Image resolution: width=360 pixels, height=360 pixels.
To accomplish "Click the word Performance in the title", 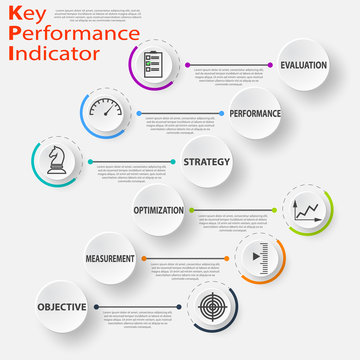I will (x=71, y=33).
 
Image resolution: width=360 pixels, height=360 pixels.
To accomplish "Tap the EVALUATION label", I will (x=304, y=65).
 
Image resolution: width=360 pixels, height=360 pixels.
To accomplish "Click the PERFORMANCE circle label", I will (x=255, y=113).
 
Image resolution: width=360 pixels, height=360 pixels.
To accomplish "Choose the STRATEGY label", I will (x=206, y=161).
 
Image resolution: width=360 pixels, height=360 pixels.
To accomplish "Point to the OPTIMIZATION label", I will (x=159, y=210).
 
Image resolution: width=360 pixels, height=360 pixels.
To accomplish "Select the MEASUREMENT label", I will (x=110, y=258).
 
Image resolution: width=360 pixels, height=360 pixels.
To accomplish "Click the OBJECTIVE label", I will (x=62, y=307).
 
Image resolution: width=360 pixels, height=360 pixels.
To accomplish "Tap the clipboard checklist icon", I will (x=153, y=65).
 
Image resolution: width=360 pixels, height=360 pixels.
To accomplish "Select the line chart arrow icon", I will (x=305, y=210).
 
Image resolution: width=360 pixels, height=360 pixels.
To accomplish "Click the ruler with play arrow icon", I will (x=258, y=258).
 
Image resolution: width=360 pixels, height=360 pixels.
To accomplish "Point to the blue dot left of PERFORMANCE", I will (x=137, y=113).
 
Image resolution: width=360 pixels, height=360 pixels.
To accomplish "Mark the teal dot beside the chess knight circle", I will (x=89, y=161).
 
